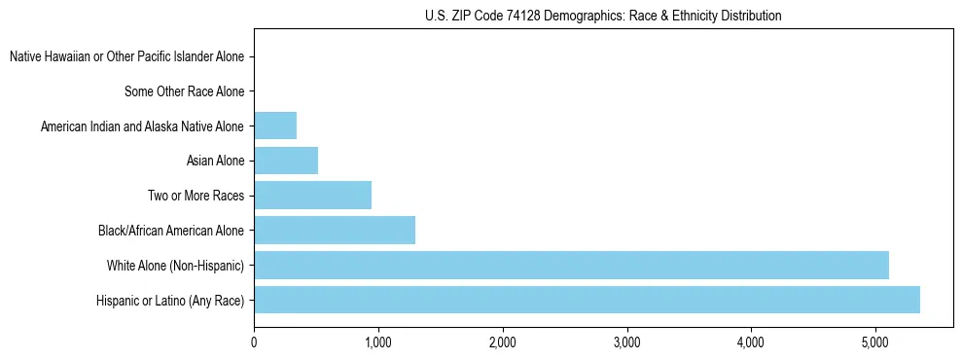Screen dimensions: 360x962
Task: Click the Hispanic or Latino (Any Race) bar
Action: point(587,300)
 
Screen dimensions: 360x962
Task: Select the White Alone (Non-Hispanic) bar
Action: point(571,265)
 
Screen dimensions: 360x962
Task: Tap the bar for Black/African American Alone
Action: point(335,231)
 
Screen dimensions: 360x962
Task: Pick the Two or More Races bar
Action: point(312,196)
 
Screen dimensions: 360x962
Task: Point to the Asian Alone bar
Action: point(286,161)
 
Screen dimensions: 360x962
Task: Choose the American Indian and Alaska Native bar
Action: point(275,126)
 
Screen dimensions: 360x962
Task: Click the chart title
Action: point(603,17)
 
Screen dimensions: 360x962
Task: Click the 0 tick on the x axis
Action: point(254,342)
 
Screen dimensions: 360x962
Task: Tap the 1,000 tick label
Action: point(378,342)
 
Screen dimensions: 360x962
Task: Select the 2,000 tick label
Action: point(502,342)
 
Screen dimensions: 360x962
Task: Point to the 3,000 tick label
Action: point(626,342)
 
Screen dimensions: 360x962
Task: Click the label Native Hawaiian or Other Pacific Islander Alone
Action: point(126,57)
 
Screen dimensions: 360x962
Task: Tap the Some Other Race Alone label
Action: point(184,92)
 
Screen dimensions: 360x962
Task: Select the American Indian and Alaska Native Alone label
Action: point(142,126)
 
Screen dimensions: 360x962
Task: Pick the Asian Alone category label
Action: point(215,162)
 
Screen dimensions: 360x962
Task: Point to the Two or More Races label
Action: point(196,197)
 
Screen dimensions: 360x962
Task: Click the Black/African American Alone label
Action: point(171,231)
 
